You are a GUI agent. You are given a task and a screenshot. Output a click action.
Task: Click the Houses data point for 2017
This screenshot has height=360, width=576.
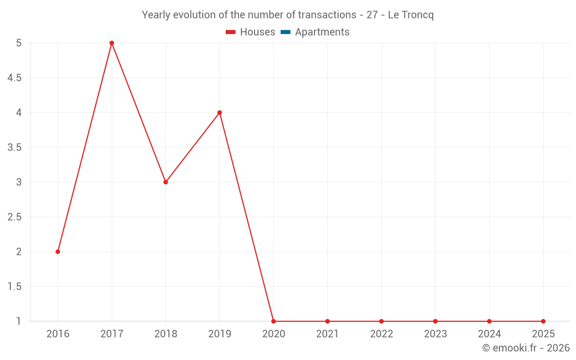coord(112,43)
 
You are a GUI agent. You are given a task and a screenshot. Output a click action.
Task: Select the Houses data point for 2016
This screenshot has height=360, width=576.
coord(58,252)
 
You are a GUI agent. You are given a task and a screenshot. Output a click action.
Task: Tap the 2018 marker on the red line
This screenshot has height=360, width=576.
coord(165,182)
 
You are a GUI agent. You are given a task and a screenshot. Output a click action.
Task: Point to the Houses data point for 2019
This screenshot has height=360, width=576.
coord(219,112)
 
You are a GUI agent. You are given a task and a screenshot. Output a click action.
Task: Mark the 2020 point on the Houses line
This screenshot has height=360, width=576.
coord(274,321)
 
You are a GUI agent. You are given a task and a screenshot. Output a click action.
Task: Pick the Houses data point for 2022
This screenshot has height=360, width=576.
coord(381,321)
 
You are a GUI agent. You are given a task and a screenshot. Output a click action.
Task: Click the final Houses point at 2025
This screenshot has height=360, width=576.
coord(543,321)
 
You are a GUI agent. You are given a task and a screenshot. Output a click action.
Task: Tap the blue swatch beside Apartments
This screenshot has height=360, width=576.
coord(285,32)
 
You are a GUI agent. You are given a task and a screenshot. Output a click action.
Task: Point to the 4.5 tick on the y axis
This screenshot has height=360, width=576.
coord(14,78)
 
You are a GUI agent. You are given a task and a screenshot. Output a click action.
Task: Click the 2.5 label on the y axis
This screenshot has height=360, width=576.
coord(14,217)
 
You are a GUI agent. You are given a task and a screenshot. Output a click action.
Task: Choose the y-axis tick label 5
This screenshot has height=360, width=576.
coord(18,43)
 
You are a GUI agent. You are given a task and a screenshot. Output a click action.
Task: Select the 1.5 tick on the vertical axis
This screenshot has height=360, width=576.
coord(14,287)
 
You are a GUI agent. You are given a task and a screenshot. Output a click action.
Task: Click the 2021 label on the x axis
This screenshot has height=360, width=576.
coord(327,334)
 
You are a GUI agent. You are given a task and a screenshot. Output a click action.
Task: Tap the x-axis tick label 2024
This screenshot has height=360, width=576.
coord(489,334)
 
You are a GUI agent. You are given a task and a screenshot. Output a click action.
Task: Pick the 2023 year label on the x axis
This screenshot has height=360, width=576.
coord(435,334)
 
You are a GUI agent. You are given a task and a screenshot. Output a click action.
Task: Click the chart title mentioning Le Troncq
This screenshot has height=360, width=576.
coord(287,15)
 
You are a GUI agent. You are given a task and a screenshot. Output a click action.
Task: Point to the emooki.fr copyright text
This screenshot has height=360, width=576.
coord(525,348)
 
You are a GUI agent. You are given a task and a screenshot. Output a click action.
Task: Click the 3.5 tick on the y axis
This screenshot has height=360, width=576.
coord(14,147)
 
